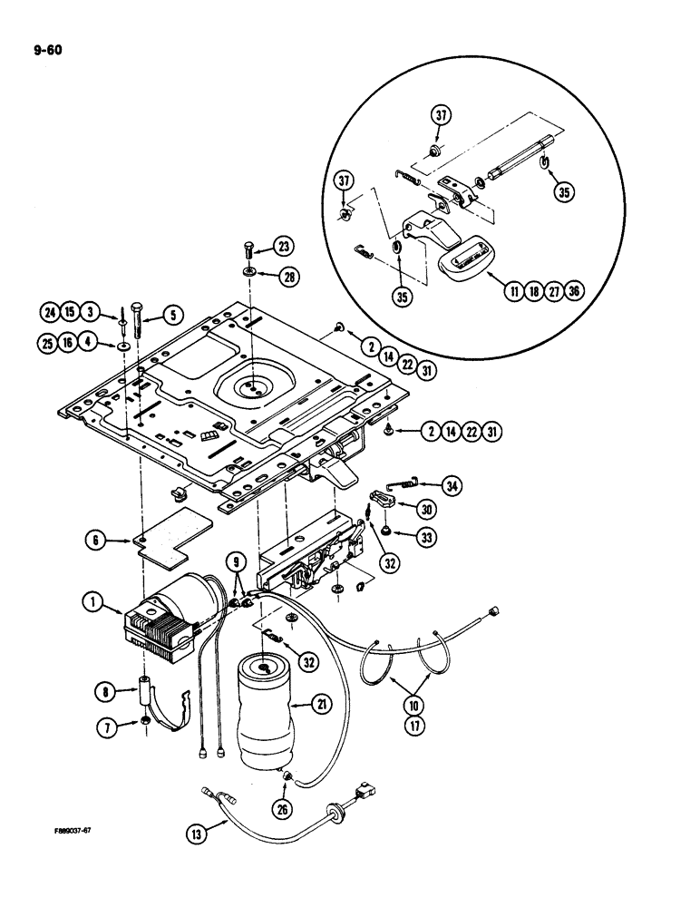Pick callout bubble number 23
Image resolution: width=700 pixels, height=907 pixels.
tap(285, 247)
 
